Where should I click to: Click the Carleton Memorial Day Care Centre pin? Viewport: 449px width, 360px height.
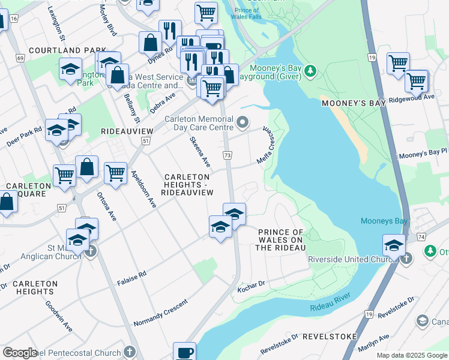(x=243, y=123)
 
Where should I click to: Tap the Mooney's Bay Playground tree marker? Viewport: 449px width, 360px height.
(x=310, y=71)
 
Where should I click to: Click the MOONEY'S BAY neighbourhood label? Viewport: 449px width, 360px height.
(x=353, y=103)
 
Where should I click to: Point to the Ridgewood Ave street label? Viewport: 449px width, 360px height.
(x=411, y=97)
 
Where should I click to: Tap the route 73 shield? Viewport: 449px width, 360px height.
(x=227, y=155)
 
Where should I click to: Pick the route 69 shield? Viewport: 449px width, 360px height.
(x=20, y=58)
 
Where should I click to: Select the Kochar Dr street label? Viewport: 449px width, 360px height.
(x=252, y=283)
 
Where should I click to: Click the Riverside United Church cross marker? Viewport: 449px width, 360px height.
(x=406, y=259)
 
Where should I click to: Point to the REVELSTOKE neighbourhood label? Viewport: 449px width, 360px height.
(x=330, y=337)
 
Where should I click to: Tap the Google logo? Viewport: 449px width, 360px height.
(x=20, y=353)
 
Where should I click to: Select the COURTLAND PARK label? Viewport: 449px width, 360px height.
(x=58, y=50)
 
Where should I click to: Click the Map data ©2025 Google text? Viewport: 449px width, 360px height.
(x=412, y=355)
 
